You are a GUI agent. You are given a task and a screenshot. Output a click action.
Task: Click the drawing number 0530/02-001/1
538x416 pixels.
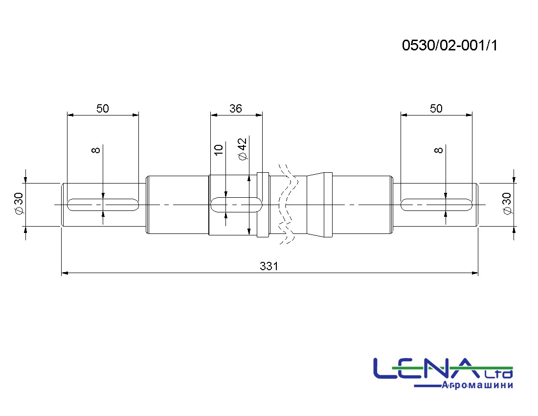pyautogui.click(x=449, y=46)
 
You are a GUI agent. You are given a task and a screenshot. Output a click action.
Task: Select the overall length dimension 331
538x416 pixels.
pyautogui.click(x=269, y=266)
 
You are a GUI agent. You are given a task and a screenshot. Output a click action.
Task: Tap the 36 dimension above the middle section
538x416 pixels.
pyautogui.click(x=236, y=109)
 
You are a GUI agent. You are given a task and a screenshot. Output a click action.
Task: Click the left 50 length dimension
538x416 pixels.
pyautogui.click(x=103, y=109)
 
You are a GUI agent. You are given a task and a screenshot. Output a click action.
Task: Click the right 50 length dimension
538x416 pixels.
pyautogui.click(x=436, y=109)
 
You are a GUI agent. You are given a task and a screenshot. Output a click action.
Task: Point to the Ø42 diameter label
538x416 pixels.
pyautogui.click(x=242, y=149)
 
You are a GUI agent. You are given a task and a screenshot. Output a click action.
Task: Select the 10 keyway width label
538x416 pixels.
pyautogui.click(x=219, y=150)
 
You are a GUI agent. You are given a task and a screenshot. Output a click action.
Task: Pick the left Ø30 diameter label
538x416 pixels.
pyautogui.click(x=19, y=203)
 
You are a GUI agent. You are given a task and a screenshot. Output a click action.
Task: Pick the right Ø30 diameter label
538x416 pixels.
pyautogui.click(x=507, y=203)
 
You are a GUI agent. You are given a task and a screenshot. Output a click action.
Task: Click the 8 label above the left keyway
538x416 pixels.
pyautogui.click(x=96, y=150)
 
